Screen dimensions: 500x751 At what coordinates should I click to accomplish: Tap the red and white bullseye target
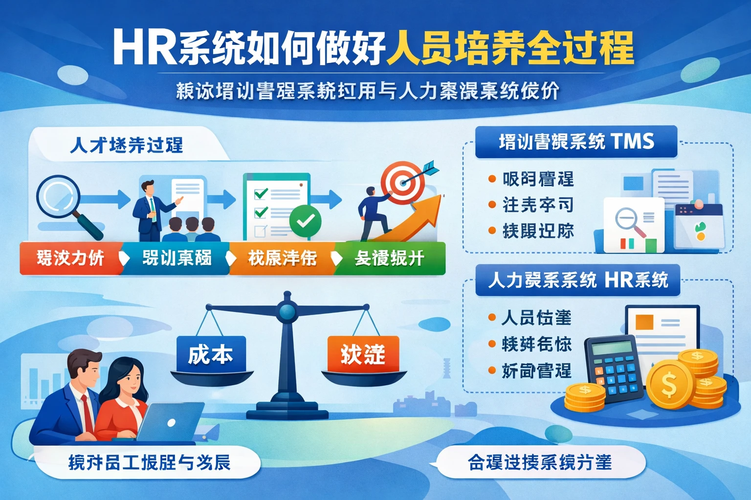402,183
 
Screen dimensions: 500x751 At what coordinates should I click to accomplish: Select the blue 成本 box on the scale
211,354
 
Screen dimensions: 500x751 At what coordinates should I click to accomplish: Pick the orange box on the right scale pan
363,354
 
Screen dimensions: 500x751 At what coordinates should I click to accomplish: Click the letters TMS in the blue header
632,142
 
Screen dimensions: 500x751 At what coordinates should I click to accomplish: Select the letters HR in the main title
144,48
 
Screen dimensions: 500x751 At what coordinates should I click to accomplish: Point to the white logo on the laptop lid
171,423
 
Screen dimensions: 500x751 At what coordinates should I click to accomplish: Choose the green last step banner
390,258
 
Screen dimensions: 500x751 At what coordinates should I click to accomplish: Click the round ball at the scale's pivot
287,311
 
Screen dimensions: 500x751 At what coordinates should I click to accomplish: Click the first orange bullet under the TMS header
492,179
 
